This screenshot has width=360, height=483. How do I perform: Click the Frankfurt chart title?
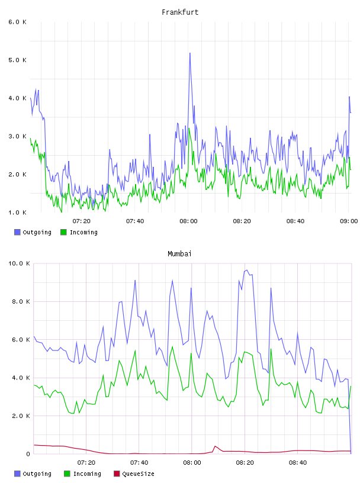click(x=180, y=12)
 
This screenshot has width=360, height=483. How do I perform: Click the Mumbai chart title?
click(x=179, y=254)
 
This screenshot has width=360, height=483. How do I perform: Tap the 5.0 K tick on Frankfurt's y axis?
click(x=18, y=60)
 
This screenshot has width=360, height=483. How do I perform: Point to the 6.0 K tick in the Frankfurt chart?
click(x=18, y=22)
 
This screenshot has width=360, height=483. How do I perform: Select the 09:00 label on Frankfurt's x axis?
click(x=349, y=221)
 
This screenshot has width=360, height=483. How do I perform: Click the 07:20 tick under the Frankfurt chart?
click(x=82, y=221)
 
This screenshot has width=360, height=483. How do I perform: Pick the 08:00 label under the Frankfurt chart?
click(x=189, y=221)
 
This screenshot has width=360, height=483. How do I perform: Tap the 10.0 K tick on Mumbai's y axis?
click(x=19, y=263)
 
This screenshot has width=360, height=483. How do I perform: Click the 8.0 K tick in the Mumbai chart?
click(x=21, y=301)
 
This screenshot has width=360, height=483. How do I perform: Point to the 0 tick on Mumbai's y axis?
click(x=28, y=454)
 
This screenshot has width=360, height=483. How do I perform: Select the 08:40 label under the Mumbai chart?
click(x=298, y=463)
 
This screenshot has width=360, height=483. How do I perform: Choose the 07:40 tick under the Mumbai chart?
click(x=139, y=463)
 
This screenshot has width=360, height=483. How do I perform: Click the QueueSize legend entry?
click(x=134, y=474)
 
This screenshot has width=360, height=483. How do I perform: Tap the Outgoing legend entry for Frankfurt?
click(x=33, y=232)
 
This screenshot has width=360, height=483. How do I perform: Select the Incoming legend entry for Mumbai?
click(x=83, y=474)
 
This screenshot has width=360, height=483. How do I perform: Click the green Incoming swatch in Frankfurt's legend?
click(x=63, y=232)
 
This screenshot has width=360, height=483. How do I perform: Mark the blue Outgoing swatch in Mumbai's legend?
click(x=17, y=474)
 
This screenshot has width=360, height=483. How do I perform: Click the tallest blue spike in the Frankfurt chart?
click(x=190, y=53)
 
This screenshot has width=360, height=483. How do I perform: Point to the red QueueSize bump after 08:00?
click(x=215, y=446)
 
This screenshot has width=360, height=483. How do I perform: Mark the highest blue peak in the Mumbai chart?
click(x=246, y=270)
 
